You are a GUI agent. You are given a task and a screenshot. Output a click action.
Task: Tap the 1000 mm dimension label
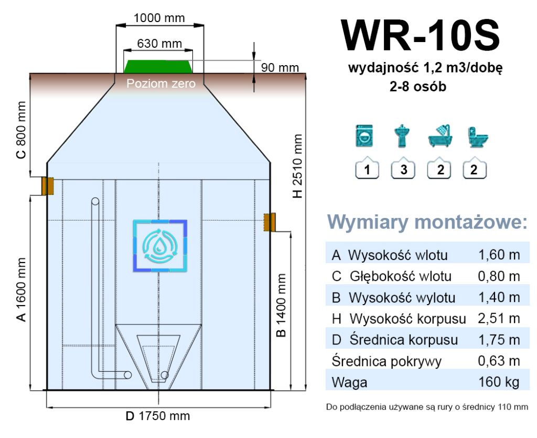159,18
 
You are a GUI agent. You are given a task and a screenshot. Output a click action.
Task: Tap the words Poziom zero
161,83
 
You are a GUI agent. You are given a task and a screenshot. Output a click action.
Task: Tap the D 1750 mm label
158,416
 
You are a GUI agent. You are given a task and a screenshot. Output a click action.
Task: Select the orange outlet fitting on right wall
270,222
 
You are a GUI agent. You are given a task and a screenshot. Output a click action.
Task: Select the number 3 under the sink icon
403,170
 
